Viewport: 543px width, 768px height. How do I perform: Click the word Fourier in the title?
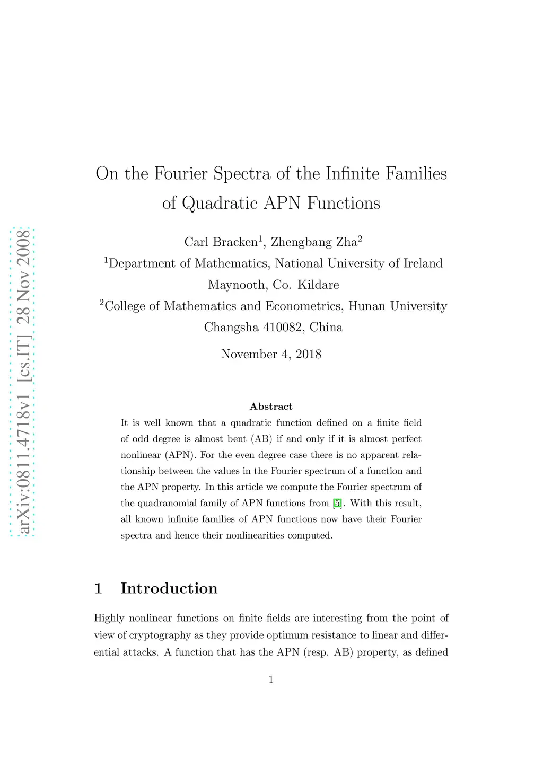tap(181, 174)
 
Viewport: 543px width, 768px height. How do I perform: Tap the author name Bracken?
tap(235, 242)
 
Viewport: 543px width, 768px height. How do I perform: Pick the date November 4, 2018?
tap(271, 354)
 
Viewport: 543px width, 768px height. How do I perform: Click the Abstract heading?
tap(271, 407)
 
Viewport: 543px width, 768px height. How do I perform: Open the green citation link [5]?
tap(337, 503)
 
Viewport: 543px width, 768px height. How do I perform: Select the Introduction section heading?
tap(169, 588)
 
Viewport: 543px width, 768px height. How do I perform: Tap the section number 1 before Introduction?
tap(98, 588)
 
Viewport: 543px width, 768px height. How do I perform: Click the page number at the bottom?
tap(271, 679)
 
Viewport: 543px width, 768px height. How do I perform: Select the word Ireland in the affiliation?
tap(423, 263)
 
